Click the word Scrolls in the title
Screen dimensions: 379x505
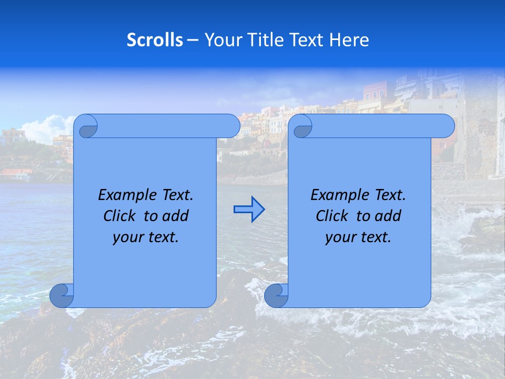click(x=155, y=40)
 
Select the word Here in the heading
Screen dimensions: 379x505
click(x=349, y=40)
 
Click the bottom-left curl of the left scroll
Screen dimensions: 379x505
click(x=62, y=295)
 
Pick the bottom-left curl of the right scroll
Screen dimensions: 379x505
click(x=276, y=295)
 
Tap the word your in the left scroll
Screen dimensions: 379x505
click(x=128, y=237)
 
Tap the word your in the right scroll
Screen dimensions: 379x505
click(x=340, y=237)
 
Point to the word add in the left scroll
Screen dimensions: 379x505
click(x=176, y=216)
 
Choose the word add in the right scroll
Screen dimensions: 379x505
click(x=388, y=216)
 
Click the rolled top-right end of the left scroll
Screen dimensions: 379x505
click(x=228, y=126)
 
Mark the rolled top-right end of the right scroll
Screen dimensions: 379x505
click(x=443, y=126)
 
